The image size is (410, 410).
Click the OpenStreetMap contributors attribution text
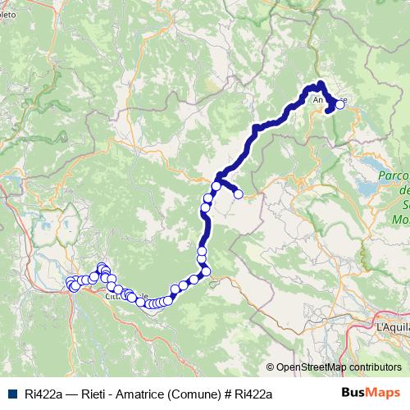[339, 367]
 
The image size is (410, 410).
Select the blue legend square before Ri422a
[11, 394]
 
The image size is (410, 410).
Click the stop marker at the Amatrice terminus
[339, 104]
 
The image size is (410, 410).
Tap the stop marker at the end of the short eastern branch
[239, 194]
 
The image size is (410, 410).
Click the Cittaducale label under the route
[123, 298]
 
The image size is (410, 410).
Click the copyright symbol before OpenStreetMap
[270, 367]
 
